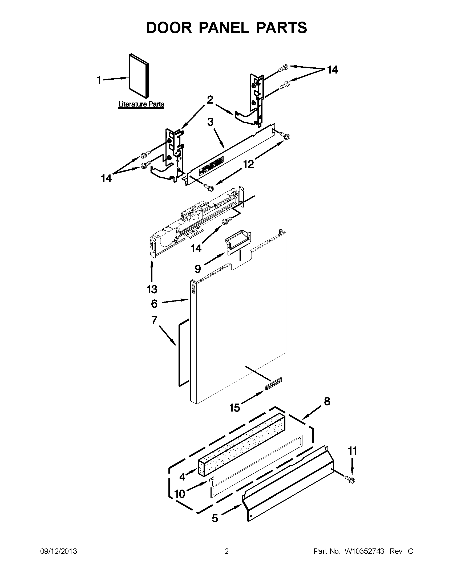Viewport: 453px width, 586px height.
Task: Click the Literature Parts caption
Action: pyautogui.click(x=141, y=104)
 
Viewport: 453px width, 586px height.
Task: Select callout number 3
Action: pyautogui.click(x=211, y=122)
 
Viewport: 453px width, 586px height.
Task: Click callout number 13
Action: pyautogui.click(x=152, y=289)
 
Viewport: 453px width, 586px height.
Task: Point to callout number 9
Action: pyautogui.click(x=198, y=268)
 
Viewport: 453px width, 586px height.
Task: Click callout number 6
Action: pyautogui.click(x=154, y=303)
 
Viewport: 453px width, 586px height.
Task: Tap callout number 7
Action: pyautogui.click(x=154, y=320)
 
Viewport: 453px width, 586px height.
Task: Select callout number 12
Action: pyautogui.click(x=249, y=164)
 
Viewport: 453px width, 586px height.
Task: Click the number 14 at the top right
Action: pyautogui.click(x=332, y=70)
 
